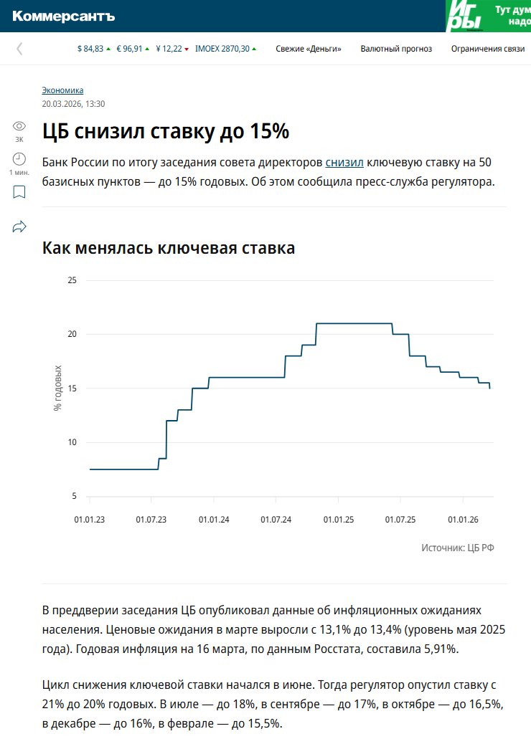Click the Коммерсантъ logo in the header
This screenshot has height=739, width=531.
coord(63,16)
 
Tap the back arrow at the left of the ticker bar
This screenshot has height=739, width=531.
coord(19,49)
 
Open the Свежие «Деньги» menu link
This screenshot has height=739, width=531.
coord(309,49)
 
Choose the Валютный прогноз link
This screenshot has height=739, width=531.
coord(396,49)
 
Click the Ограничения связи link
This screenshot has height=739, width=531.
coord(483,49)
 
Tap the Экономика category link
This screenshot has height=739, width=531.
coord(62,90)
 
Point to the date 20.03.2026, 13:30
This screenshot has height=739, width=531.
coord(73,103)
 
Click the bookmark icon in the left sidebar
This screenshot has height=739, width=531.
coord(19,192)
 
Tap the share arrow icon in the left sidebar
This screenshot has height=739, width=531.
coord(19,227)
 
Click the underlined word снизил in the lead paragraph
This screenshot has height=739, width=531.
coord(344,161)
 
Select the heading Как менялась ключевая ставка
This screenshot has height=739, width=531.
coord(169,248)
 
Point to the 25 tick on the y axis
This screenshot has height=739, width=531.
coord(72,280)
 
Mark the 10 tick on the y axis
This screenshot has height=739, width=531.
coord(72,442)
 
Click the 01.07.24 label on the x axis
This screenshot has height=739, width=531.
coord(276,518)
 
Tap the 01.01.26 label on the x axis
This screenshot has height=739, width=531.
coord(463,518)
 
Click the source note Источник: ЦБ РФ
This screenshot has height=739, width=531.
coord(458,548)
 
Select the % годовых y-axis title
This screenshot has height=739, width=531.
coord(58,388)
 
